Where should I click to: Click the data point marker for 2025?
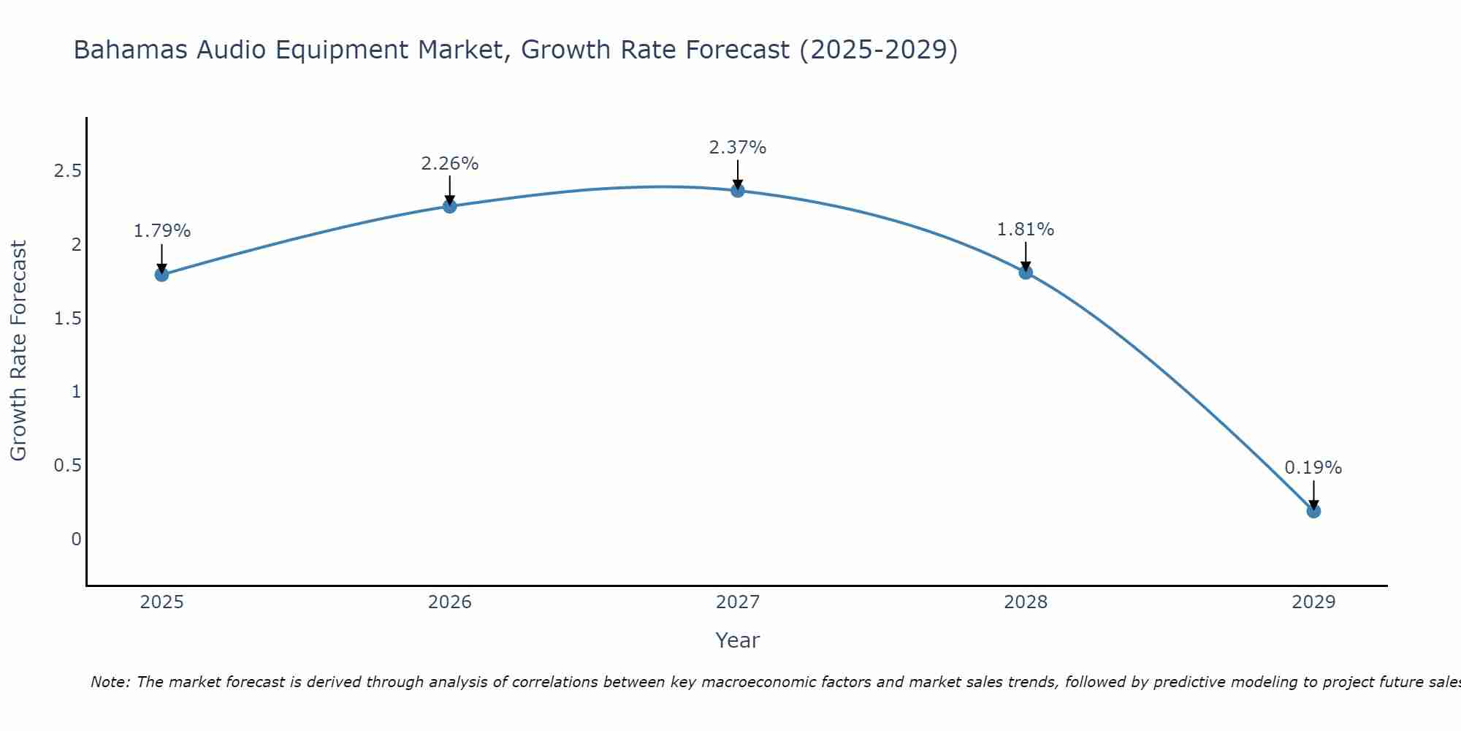(x=161, y=275)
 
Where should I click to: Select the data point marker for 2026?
(x=450, y=206)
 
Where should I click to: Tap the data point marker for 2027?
(x=738, y=191)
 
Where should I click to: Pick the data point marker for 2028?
(x=1026, y=273)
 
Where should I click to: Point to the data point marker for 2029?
(x=1313, y=511)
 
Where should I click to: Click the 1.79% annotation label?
(x=161, y=231)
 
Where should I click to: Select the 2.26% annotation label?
(x=450, y=164)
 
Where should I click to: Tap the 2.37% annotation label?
(x=738, y=148)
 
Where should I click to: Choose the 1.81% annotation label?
(x=1026, y=230)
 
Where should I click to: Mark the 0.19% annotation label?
(x=1313, y=468)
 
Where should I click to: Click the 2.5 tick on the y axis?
(x=67, y=171)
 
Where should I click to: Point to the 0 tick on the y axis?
(x=76, y=539)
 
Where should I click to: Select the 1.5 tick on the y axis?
(x=67, y=319)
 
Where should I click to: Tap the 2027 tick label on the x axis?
(x=738, y=602)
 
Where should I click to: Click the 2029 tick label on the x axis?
(x=1313, y=602)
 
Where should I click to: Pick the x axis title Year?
(x=738, y=640)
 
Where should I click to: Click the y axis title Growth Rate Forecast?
(x=18, y=350)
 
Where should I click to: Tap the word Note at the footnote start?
(x=110, y=682)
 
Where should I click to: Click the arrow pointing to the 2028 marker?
(x=1026, y=256)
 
